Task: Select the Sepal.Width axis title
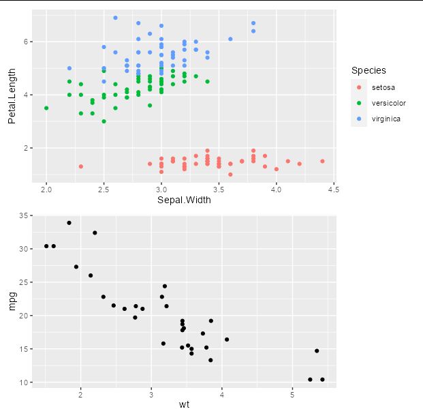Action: point(184,200)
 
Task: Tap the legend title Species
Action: point(369,70)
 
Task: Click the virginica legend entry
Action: point(386,119)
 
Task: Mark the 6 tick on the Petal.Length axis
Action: point(27,42)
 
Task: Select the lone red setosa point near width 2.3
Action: point(81,166)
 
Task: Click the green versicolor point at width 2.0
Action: point(46,108)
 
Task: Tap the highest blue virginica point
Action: point(115,18)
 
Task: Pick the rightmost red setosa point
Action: point(322,161)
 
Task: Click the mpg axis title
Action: point(12,301)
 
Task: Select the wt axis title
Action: point(184,405)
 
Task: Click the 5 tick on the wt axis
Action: point(292,393)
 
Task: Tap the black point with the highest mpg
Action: point(69,223)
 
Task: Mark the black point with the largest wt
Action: point(322,379)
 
